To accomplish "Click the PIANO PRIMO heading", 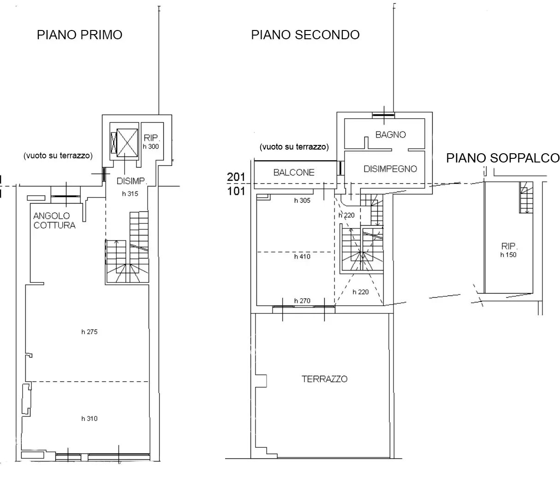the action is [79, 35].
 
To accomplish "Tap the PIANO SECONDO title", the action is [305, 35].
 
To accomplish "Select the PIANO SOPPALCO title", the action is [503, 158].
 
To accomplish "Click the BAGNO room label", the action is [390, 134].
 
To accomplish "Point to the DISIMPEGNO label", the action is [390, 169].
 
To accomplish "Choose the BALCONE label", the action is [294, 173].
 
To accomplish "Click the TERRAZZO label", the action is [325, 379].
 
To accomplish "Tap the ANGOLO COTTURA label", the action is [54, 221].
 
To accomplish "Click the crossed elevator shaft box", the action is [127, 143].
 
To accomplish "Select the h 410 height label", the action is [302, 257].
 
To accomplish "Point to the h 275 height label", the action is [89, 331].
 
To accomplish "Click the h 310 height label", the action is [89, 418].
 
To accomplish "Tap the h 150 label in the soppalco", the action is [508, 255].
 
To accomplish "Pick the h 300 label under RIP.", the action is [151, 146].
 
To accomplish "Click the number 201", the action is [236, 177].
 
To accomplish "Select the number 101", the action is [236, 192].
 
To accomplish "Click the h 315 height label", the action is [130, 193].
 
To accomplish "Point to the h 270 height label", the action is [302, 301].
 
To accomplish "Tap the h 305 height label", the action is [302, 200].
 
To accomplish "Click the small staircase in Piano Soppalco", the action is [526, 197].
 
